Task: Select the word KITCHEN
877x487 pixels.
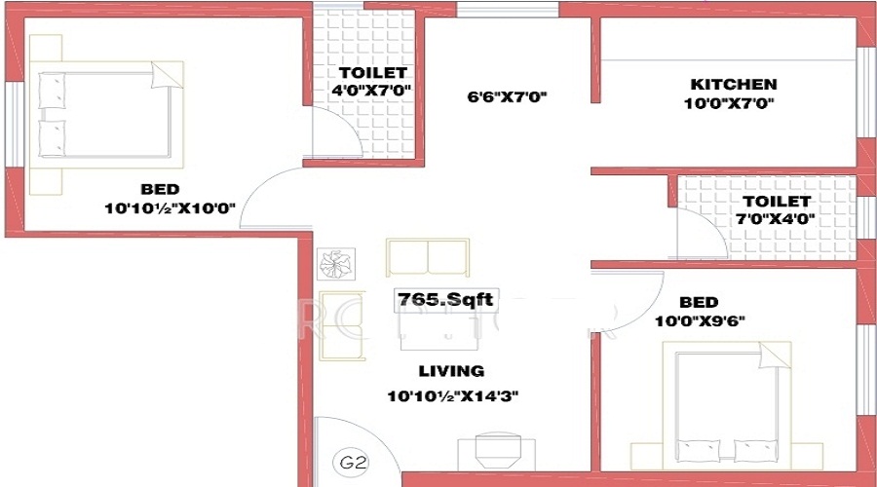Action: [x=734, y=84]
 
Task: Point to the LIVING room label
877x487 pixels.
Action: [x=451, y=370]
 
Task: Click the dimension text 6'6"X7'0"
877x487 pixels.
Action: [x=508, y=96]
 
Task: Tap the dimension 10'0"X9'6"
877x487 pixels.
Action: [x=701, y=321]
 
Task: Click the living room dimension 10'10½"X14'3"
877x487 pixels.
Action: [x=451, y=395]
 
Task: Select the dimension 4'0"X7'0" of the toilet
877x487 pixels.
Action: [x=371, y=91]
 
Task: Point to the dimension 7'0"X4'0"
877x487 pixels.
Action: [x=778, y=219]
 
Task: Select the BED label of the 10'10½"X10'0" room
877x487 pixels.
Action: [x=160, y=188]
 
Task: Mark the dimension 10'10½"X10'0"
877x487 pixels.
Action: [x=171, y=207]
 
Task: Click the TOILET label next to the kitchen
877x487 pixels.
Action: [x=778, y=202]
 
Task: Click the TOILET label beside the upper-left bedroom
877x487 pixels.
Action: [x=372, y=73]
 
